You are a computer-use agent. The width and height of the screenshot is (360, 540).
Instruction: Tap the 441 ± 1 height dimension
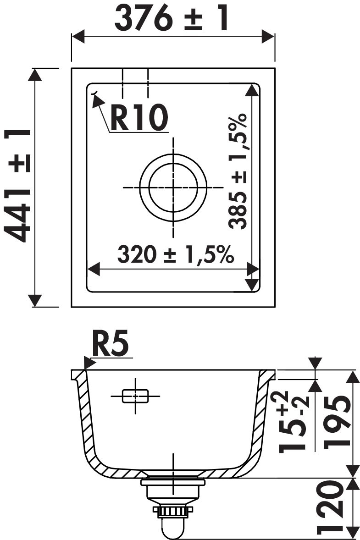[17, 186]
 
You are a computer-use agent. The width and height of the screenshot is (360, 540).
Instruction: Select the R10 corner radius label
[139, 117]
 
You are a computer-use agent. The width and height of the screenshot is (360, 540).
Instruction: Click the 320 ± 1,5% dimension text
[175, 254]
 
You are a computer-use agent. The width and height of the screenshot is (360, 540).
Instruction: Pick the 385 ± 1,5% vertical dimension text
[238, 171]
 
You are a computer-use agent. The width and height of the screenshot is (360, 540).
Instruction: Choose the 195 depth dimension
[338, 422]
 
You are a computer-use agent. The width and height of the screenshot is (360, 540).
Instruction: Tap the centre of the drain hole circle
[173, 187]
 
